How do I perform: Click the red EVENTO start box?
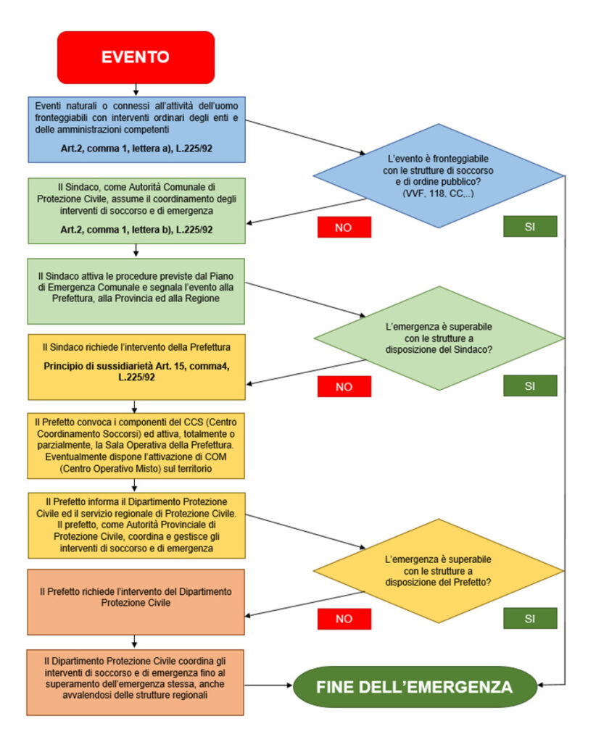tap(136, 57)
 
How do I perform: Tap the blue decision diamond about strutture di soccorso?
tap(438, 175)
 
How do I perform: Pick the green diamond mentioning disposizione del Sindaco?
tap(438, 337)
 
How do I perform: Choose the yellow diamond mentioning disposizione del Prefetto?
tap(438, 570)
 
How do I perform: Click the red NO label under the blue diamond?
tap(344, 227)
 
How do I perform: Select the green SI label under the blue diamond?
tap(530, 227)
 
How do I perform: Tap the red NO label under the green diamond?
tap(344, 386)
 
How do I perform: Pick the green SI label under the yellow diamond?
tap(530, 618)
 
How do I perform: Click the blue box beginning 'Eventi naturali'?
tap(137, 129)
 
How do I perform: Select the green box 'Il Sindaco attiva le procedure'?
tap(137, 291)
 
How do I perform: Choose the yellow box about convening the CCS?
tap(137, 445)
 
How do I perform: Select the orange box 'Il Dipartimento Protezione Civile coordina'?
tap(137, 682)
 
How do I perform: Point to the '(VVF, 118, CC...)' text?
tap(438, 194)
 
